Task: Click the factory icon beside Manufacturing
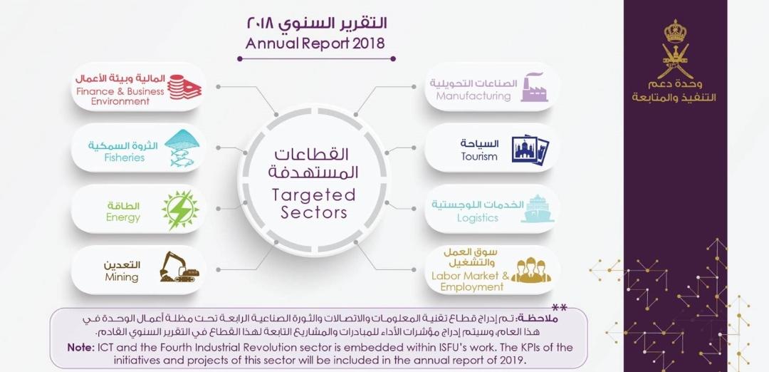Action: (x=534, y=87)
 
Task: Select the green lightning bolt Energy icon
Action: (x=179, y=210)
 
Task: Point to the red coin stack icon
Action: (x=184, y=87)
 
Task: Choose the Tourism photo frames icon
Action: (x=530, y=148)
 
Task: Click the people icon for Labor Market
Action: (x=531, y=271)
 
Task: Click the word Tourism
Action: (x=479, y=157)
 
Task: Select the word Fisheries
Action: (x=125, y=157)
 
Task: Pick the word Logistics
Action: (x=478, y=218)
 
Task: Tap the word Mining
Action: (x=122, y=277)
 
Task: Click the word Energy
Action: (x=123, y=217)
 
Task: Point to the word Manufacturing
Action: (x=474, y=96)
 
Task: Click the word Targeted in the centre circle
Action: (x=313, y=195)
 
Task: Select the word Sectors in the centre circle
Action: (x=313, y=212)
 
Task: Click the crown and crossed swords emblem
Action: (x=674, y=50)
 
